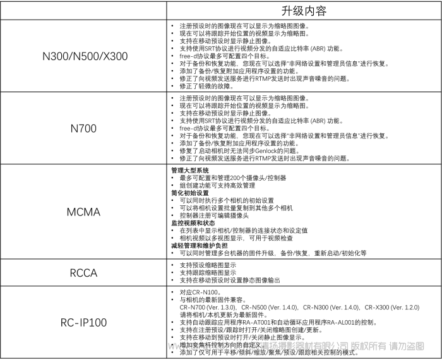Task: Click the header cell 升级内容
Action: [303, 11]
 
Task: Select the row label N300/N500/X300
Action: [85, 56]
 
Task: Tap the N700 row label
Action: [85, 128]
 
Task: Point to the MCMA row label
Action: [85, 212]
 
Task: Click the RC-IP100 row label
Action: [85, 323]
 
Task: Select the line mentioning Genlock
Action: [249, 152]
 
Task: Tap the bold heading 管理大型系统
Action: [190, 171]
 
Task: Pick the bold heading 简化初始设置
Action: [190, 193]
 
